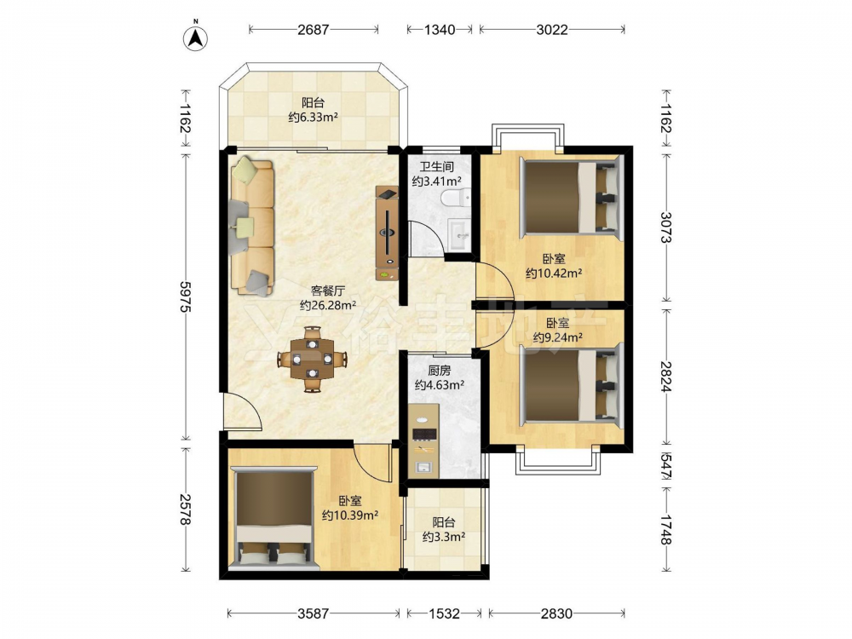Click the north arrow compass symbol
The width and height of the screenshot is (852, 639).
pos(196,37)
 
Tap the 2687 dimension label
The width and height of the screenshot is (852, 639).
pos(313,29)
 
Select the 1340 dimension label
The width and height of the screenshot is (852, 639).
pos(439,29)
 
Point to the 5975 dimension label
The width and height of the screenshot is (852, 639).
pos(185,296)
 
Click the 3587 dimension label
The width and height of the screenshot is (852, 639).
pos(314,613)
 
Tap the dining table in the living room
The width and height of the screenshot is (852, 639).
pos(312,359)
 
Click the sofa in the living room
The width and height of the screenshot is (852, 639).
pos(252,226)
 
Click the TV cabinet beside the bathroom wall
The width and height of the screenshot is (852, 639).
pos(387,233)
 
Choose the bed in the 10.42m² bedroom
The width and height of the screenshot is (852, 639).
pos(571,198)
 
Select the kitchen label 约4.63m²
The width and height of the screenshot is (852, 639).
pos(439,385)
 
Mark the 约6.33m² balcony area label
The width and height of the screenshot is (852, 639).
pos(314,117)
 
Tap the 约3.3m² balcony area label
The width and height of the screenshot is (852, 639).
pos(443,537)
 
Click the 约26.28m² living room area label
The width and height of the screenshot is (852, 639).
pos(328,305)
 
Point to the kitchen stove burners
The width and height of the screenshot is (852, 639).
pos(424,434)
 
